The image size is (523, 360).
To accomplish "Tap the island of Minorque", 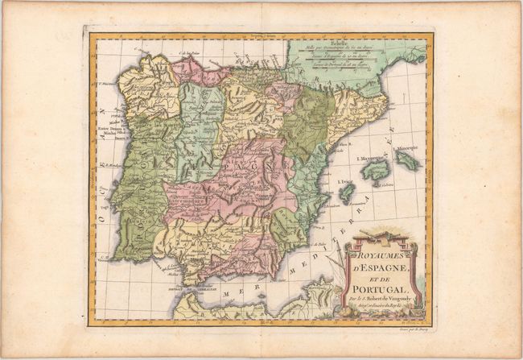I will pyautogui.click(x=407, y=160).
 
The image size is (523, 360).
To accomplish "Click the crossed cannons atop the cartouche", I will pyautogui.click(x=378, y=234).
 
